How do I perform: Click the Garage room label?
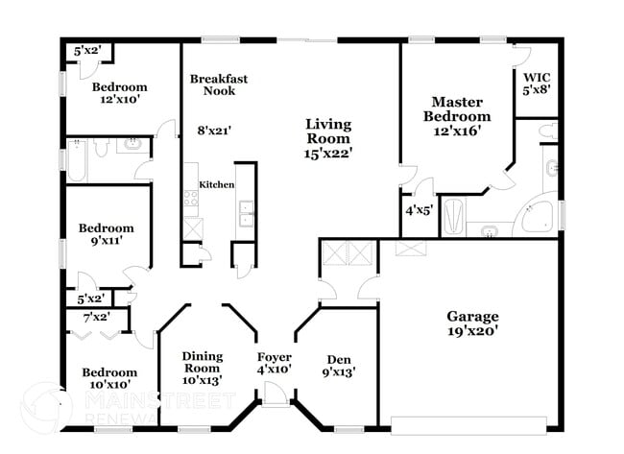472,323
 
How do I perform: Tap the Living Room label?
328,138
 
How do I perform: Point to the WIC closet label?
536,83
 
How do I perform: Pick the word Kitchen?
216,184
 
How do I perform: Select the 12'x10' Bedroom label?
119,94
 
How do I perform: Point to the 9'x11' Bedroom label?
106,235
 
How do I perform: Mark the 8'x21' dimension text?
214,131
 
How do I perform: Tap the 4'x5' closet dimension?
419,208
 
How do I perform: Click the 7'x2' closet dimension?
97,317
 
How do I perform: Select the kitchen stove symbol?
191,199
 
